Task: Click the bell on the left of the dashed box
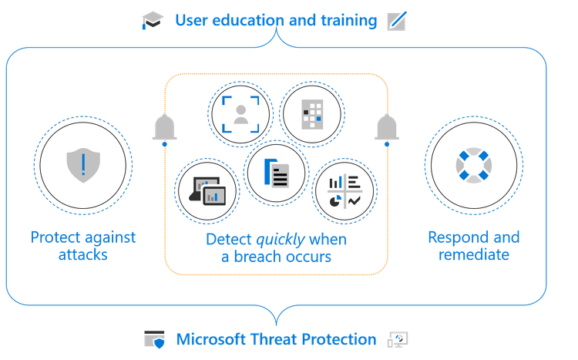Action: pos(164,128)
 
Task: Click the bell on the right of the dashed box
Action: pos(386,128)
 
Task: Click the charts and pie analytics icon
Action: pos(344,190)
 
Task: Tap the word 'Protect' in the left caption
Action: pos(56,237)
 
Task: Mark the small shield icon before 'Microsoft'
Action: pos(154,340)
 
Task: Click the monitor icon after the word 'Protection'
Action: pos(398,339)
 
